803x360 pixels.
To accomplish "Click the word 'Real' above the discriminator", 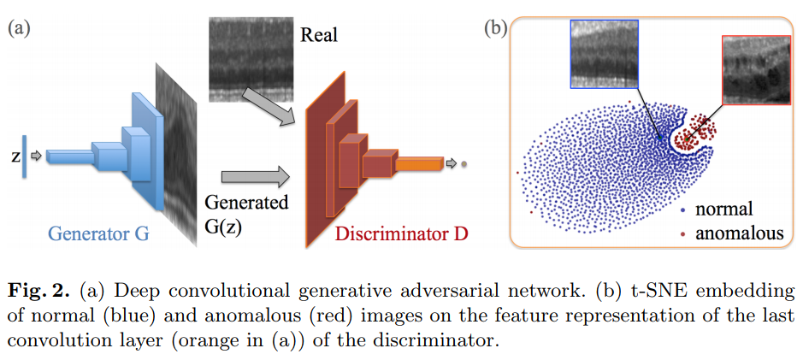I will point(319,35).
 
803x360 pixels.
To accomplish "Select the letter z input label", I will point(15,157).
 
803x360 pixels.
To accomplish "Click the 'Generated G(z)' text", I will point(246,215).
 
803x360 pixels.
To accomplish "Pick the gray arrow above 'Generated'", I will point(245,178).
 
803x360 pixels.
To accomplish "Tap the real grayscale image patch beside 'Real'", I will point(248,53).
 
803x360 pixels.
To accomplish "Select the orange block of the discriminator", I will point(419,162).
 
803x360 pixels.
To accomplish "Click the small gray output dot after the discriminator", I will point(463,162).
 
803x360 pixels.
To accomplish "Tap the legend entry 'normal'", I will point(723,209).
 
